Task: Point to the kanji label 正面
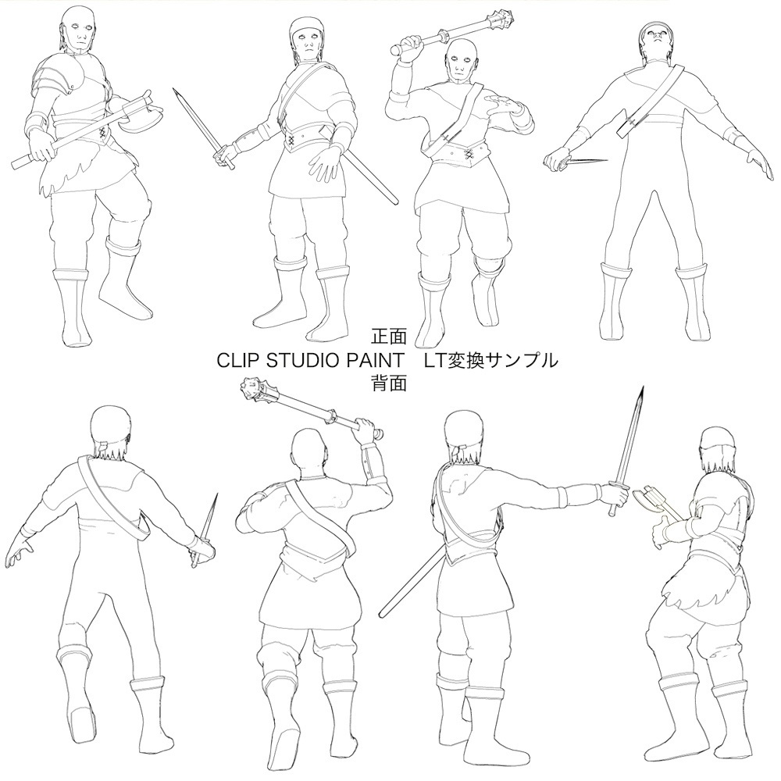tap(390, 337)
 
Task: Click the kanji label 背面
tap(390, 383)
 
